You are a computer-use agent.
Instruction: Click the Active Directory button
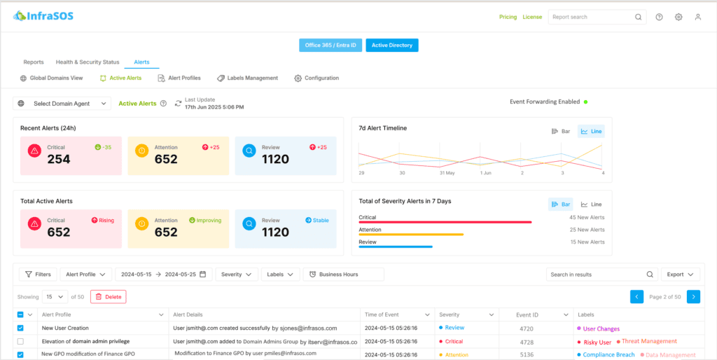(391, 46)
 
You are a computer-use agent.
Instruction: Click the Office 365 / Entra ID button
(330, 46)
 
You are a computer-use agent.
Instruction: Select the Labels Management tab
(247, 78)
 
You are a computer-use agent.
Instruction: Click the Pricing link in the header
(508, 17)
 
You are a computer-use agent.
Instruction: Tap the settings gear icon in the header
(678, 18)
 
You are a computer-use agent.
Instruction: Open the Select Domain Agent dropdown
(62, 104)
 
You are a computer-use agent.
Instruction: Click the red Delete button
(109, 297)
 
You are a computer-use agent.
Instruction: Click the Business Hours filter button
(343, 275)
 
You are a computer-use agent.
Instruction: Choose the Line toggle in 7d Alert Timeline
(591, 131)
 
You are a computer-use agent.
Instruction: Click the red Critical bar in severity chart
(445, 222)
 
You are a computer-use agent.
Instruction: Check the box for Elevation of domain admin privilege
(20, 342)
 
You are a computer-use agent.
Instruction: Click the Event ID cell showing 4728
(528, 342)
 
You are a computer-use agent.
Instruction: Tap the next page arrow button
(693, 297)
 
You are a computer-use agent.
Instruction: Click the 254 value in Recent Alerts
(59, 160)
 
